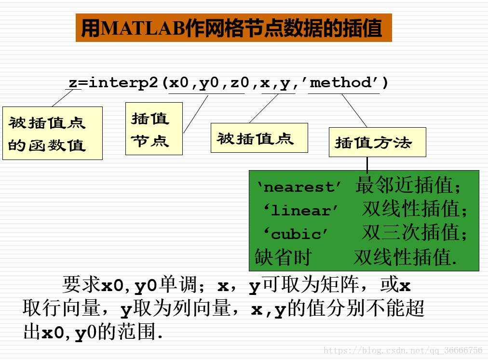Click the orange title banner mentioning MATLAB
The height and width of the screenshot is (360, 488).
234,27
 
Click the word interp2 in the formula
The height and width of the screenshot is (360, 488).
123,83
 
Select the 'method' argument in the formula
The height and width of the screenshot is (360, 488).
344,83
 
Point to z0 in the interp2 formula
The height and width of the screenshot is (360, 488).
240,83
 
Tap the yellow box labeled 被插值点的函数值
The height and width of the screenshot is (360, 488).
53,133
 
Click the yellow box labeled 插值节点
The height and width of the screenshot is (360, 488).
154,129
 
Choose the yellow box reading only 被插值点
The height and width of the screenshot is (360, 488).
259,138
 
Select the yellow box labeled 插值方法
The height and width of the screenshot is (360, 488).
378,142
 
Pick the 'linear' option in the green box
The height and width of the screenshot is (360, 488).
300,211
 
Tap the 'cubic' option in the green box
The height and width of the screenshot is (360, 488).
296,234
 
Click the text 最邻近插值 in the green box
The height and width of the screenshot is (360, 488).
404,185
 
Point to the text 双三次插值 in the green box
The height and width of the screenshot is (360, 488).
410,232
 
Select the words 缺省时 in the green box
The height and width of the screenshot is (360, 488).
283,257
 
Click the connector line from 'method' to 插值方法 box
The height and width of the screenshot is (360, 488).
354,110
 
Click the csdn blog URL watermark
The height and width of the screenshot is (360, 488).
403,350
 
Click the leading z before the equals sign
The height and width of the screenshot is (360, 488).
73,83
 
